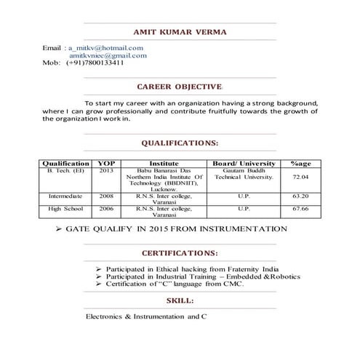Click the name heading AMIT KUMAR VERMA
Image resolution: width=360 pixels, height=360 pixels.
pos(180,32)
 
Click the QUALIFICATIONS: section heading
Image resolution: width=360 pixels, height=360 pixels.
pos(180,143)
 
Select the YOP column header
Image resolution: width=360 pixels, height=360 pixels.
pos(106,164)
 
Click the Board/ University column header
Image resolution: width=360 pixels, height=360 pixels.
pos(244,164)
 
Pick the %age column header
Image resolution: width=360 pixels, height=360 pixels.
pos(300,164)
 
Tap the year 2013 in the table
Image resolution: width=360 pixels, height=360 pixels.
pos(106,171)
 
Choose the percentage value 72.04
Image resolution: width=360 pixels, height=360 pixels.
pos(300,177)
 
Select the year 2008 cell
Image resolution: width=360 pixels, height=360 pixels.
pos(106,196)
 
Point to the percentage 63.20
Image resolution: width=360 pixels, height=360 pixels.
pos(300,196)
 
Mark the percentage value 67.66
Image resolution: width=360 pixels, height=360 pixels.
pos(300,209)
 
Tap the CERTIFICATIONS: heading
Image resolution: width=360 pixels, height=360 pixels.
pos(179,254)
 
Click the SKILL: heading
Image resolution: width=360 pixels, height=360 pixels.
pos(180,300)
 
